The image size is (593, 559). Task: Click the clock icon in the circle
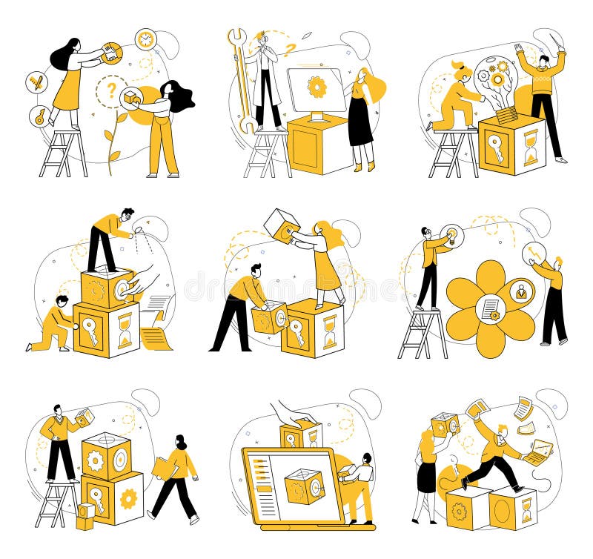click(145, 39)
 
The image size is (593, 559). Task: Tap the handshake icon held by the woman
click(112, 53)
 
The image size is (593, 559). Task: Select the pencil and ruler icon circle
click(36, 82)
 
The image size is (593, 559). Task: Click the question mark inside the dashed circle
click(112, 90)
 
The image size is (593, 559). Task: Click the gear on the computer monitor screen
click(317, 87)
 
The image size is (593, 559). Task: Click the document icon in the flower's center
click(491, 308)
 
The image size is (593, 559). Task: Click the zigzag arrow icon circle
click(534, 254)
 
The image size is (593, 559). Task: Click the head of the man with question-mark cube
click(58, 410)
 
